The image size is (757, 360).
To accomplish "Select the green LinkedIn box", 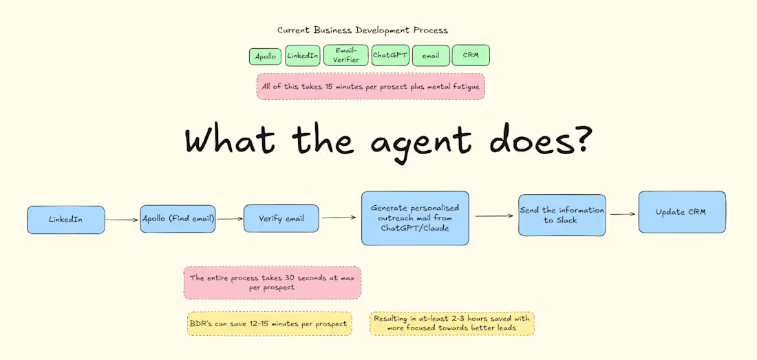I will click(x=302, y=55).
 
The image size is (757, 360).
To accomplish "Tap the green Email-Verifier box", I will click(x=345, y=55).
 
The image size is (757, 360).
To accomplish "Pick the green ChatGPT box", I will click(x=390, y=55).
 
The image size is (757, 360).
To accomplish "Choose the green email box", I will click(x=431, y=56).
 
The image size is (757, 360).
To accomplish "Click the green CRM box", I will click(x=471, y=55).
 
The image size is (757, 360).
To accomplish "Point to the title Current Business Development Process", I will click(x=362, y=30).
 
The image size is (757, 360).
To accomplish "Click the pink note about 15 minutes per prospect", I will click(x=370, y=87).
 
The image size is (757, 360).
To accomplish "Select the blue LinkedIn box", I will click(x=66, y=220).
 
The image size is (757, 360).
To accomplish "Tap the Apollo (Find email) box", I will click(x=178, y=219).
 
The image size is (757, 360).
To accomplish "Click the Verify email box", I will click(x=281, y=218).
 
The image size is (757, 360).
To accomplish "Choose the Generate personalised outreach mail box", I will click(x=415, y=218).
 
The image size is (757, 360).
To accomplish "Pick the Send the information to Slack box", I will click(x=562, y=215).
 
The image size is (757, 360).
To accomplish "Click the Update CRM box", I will click(x=681, y=212).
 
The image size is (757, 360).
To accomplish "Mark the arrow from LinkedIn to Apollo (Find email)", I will click(x=122, y=220).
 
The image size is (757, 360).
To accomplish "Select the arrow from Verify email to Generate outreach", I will click(x=339, y=218).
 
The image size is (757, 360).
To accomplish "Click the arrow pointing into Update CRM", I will click(x=622, y=214).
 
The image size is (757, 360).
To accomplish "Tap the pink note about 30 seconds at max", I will click(x=272, y=283).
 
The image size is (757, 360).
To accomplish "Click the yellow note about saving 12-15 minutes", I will click(x=269, y=323).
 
